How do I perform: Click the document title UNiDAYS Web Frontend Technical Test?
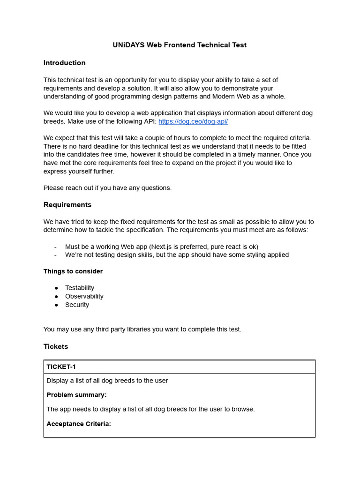[x=180, y=45]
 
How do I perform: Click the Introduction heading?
[x=64, y=63]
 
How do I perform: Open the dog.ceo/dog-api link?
[x=193, y=121]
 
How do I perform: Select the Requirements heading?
[x=67, y=205]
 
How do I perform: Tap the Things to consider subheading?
[x=73, y=271]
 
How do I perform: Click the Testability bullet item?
[x=80, y=288]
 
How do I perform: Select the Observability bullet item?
[x=84, y=296]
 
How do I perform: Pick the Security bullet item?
[x=77, y=305]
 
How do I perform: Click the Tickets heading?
[x=56, y=346]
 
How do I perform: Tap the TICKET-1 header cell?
[x=61, y=367]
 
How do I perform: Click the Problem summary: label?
[x=76, y=395]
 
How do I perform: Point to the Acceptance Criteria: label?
[x=79, y=424]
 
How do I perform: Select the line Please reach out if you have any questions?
[x=107, y=188]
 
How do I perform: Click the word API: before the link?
[x=149, y=121]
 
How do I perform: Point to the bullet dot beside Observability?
[x=56, y=296]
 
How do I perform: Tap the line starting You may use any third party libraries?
[x=142, y=329]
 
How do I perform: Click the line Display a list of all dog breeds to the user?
[x=107, y=381]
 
